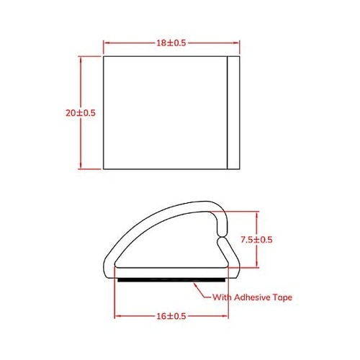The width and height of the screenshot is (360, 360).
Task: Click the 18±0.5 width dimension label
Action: point(171,43)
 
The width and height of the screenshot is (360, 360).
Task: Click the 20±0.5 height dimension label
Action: point(80,113)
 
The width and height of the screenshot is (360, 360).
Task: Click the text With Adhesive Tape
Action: point(252,297)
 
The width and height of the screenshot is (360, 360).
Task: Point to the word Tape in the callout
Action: point(282,297)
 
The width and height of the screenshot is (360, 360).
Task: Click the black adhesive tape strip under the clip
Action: point(173,278)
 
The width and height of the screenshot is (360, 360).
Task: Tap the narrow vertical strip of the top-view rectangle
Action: point(233,112)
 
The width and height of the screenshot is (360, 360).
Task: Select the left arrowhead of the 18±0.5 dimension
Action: point(108,43)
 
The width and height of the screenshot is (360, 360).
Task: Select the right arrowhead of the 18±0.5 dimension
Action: point(235,43)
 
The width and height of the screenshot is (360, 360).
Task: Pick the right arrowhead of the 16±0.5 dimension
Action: point(228,316)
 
